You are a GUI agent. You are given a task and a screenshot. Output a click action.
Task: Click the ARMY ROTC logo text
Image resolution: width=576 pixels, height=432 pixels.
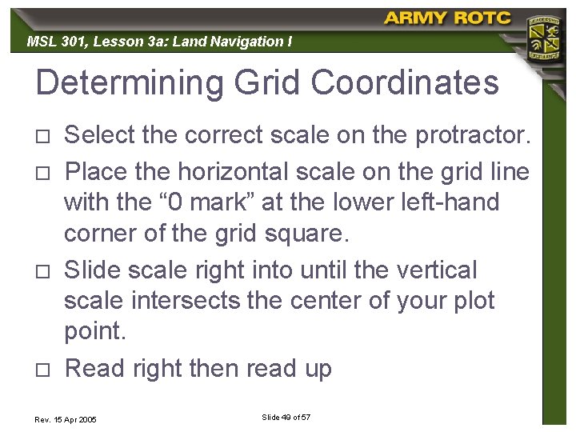coord(447,18)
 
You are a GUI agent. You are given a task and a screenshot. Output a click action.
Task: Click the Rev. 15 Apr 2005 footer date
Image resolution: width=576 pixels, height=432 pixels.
coord(66,419)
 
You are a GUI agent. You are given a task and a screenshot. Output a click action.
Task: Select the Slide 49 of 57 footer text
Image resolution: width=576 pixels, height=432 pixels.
coord(286,418)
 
